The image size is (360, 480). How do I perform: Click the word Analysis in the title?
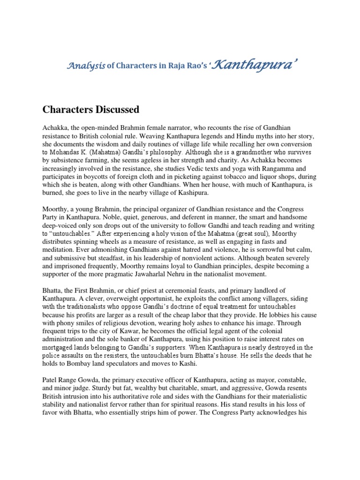(86, 67)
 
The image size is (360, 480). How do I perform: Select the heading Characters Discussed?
(91, 110)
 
